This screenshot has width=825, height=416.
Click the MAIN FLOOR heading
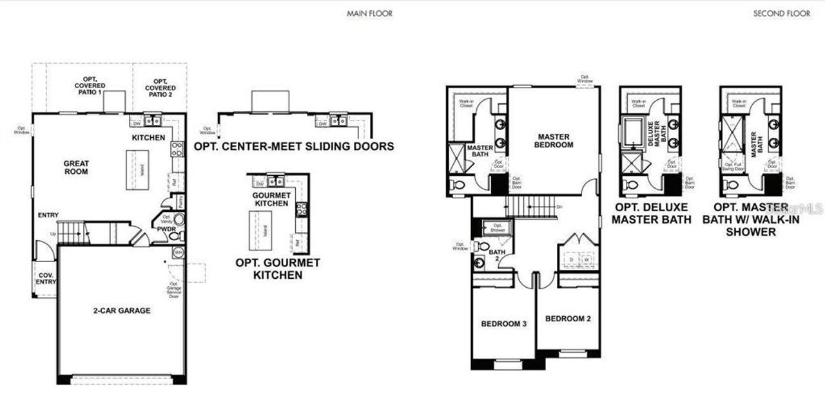[x=369, y=14]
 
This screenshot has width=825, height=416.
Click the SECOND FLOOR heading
[x=782, y=14]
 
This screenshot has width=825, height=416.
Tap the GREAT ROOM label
[x=76, y=167]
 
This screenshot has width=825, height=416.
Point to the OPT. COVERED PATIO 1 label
[x=90, y=86]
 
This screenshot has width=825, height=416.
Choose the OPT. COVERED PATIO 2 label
[x=160, y=86]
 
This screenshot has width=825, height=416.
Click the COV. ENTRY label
[x=44, y=278]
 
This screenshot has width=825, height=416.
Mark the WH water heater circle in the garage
[x=179, y=252]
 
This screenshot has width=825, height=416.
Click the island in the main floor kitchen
[x=141, y=170]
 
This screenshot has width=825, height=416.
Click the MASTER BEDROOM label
[x=554, y=140]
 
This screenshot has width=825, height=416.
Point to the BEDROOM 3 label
[x=504, y=323]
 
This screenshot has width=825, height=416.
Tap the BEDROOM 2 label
[x=568, y=319]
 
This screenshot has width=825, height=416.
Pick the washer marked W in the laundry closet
[x=586, y=260]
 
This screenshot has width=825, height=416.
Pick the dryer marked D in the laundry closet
[x=570, y=260]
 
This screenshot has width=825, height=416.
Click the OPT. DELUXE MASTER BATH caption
[x=651, y=213]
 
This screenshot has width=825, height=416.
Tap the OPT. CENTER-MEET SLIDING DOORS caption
[x=294, y=146]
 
